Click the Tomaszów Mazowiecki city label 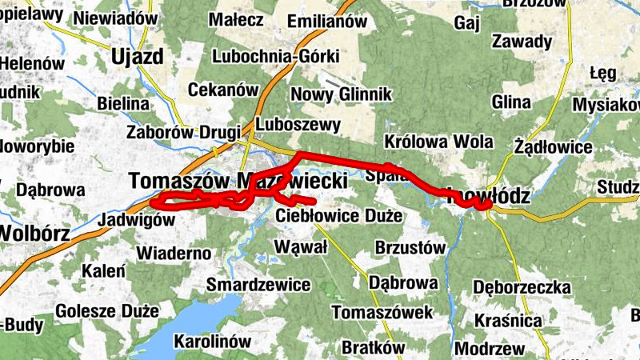pyautogui.click(x=238, y=182)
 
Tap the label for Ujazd pyautogui.click(x=138, y=56)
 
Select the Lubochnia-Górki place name pyautogui.click(x=276, y=56)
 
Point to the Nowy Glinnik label pyautogui.click(x=341, y=94)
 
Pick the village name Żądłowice pyautogui.click(x=554, y=147)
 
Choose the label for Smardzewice pyautogui.click(x=258, y=284)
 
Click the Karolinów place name pyautogui.click(x=212, y=341)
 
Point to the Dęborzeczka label pyautogui.click(x=522, y=286)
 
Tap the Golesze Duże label pyautogui.click(x=107, y=310)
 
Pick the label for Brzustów pyautogui.click(x=410, y=248)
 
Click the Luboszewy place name pyautogui.click(x=298, y=125)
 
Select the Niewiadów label pyautogui.click(x=116, y=18)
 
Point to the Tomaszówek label pyautogui.click(x=382, y=311)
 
